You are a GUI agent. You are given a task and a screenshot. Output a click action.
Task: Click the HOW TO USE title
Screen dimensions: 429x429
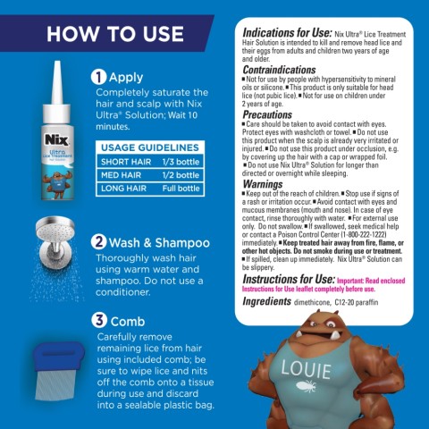click(x=103, y=35)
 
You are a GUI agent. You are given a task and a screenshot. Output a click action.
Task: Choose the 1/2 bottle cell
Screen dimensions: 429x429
click(x=180, y=174)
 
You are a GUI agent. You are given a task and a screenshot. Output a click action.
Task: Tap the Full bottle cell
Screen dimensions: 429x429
click(x=180, y=189)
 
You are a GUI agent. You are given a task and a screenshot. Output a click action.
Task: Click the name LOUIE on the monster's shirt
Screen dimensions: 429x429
click(x=307, y=368)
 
